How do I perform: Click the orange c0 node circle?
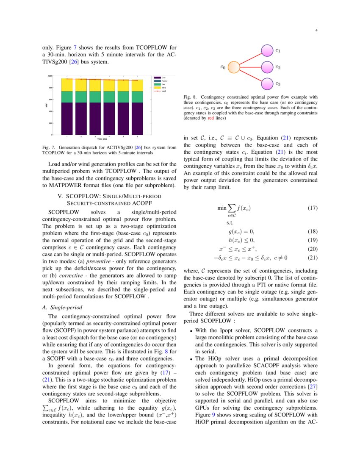tap(234, 67)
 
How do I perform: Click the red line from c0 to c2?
tap(250, 67)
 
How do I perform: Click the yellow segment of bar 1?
tap(68, 85)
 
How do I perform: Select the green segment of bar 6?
tap(137, 97)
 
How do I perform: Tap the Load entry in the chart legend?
tap(163, 91)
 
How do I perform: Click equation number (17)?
tap(312, 208)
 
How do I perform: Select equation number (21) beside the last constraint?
tap(312, 258)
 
